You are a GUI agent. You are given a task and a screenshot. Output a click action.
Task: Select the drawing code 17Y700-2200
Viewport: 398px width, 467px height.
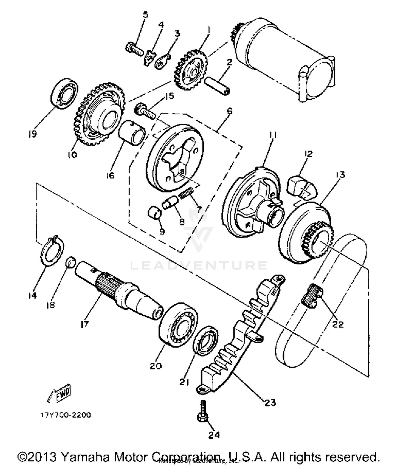(65, 415)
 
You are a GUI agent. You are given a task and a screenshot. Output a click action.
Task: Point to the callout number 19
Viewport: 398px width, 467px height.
(32, 134)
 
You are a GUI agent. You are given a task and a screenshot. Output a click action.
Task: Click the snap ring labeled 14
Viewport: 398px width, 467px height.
(53, 249)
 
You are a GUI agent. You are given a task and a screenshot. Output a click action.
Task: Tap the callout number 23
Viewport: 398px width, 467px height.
(270, 403)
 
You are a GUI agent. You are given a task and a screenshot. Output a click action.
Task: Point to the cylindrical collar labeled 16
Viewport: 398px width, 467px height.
(132, 132)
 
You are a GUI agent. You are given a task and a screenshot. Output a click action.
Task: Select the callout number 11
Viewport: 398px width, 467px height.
(272, 135)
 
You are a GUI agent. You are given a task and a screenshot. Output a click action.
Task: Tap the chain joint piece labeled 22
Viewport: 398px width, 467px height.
(312, 296)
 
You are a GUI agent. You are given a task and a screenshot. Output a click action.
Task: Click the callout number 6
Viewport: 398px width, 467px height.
(230, 111)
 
